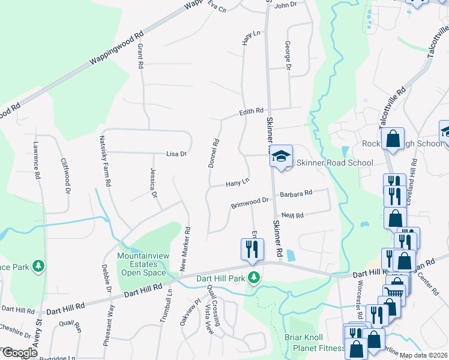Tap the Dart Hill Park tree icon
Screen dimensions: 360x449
[255, 277]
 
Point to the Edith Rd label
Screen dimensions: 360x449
[252, 111]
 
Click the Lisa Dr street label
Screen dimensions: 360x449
[176, 154]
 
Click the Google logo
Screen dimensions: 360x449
[19, 353]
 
